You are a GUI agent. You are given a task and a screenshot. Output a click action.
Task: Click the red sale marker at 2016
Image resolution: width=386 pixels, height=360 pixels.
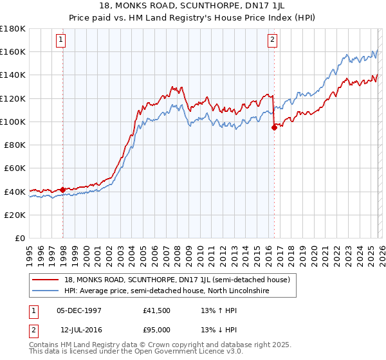click(x=274, y=127)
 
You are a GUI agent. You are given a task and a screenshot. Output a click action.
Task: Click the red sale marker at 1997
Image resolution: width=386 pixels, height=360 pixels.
click(x=62, y=190)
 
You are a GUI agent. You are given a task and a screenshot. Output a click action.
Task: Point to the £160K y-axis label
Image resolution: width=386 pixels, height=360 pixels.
click(x=13, y=51)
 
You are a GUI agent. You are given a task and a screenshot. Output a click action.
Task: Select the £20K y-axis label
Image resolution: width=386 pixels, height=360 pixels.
click(x=15, y=215)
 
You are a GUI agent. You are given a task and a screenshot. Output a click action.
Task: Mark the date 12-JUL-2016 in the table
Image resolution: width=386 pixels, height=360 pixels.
click(x=78, y=330)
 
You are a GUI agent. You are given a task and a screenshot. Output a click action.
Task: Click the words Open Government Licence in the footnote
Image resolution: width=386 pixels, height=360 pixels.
click(x=187, y=353)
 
